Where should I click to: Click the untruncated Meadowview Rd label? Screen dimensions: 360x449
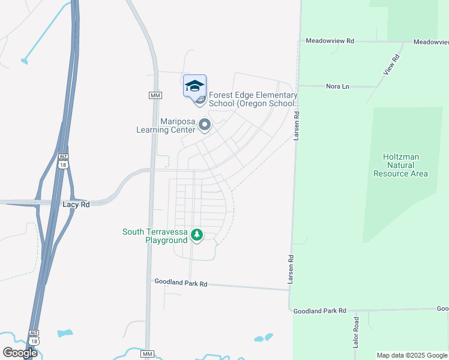[330, 41]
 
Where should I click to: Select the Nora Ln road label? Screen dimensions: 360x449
[337, 86]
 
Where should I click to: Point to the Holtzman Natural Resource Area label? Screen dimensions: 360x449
[400, 165]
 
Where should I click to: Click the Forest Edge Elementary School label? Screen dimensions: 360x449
[253, 99]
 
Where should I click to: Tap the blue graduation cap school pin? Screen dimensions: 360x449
[194, 86]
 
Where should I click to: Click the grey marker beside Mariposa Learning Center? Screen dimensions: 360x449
[205, 125]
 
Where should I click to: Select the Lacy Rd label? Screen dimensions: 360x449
[76, 205]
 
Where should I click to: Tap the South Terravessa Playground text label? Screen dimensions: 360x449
[155, 236]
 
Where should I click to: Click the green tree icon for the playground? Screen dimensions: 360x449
[197, 235]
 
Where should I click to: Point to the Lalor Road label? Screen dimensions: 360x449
[356, 332]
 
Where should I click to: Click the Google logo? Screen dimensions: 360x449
[20, 353]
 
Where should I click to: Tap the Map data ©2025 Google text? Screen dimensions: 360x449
[412, 355]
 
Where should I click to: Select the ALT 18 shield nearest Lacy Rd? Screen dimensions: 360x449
[63, 161]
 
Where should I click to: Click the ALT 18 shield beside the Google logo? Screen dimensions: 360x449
[34, 337]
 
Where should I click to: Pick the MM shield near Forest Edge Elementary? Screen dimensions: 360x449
[155, 95]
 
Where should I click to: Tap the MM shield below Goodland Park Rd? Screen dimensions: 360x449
[147, 355]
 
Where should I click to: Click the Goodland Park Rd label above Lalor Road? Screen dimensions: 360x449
[319, 311]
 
